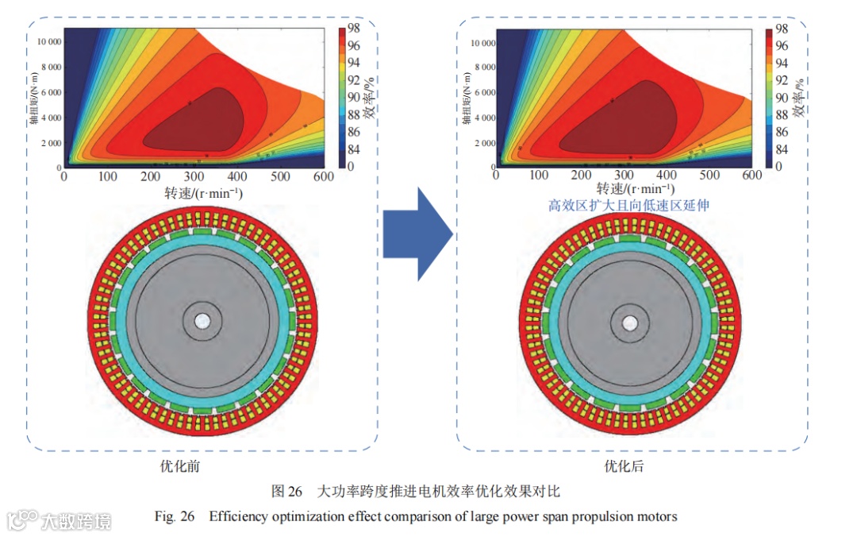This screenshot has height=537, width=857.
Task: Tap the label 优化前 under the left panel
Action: pyautogui.click(x=180, y=466)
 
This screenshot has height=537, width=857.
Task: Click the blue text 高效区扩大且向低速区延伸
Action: pyautogui.click(x=628, y=206)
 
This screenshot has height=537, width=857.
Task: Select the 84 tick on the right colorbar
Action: pyautogui.click(x=782, y=149)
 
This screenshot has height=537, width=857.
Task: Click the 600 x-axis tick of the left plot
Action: pyautogui.click(x=323, y=176)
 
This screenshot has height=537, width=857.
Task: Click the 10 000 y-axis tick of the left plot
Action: pyautogui.click(x=45, y=41)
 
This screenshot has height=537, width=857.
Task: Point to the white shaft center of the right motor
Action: pyautogui.click(x=631, y=323)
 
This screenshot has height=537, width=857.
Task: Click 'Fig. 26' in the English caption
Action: pyautogui.click(x=175, y=516)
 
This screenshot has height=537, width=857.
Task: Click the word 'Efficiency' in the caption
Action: pyautogui.click(x=240, y=516)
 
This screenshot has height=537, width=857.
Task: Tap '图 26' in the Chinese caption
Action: pyautogui.click(x=288, y=490)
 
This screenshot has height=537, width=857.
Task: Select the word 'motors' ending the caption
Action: pyautogui.click(x=655, y=516)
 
